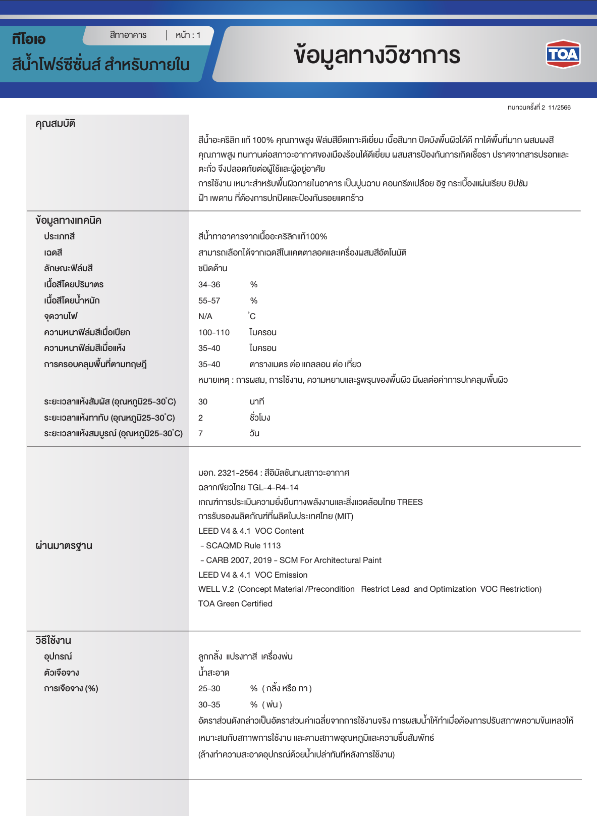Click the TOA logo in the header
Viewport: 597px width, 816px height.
(x=563, y=54)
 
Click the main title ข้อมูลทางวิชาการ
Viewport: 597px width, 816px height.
(x=377, y=55)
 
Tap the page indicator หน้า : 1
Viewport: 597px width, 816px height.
(x=188, y=35)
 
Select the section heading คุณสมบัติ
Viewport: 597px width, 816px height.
(x=56, y=124)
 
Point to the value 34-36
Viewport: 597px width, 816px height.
(x=209, y=285)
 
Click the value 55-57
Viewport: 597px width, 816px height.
(x=209, y=301)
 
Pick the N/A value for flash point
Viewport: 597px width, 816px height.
(x=205, y=317)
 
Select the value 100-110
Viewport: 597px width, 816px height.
(x=214, y=333)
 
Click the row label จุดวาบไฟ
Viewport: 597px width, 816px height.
(x=61, y=317)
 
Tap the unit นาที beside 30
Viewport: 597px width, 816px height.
(x=257, y=402)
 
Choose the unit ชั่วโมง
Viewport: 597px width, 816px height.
(x=260, y=418)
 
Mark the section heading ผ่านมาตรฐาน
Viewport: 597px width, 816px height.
(x=64, y=546)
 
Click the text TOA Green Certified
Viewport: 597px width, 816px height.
(x=235, y=604)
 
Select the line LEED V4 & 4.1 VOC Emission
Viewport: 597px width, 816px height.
(x=253, y=575)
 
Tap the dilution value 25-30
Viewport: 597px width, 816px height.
(x=209, y=689)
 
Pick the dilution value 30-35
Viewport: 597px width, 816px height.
(x=209, y=705)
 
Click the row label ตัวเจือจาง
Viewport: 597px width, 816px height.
(x=62, y=673)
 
